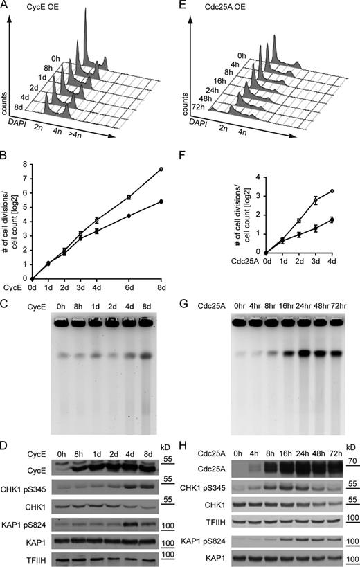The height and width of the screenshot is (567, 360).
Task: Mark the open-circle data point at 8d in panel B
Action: click(x=161, y=169)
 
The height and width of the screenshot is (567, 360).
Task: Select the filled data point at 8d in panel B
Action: click(x=161, y=201)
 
